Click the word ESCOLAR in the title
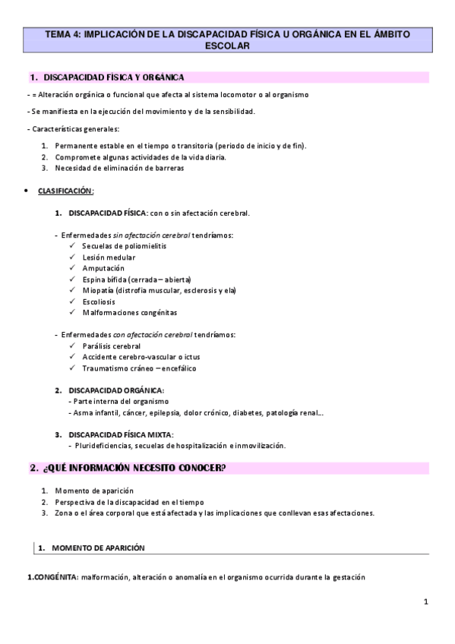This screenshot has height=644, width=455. click(227, 46)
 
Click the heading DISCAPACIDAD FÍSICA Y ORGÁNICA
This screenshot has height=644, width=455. click(114, 77)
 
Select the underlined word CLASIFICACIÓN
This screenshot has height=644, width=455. click(65, 191)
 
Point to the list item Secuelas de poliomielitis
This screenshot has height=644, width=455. click(124, 246)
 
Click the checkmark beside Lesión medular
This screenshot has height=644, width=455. click(71, 257)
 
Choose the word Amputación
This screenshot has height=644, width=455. click(103, 268)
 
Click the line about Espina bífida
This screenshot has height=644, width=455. click(137, 279)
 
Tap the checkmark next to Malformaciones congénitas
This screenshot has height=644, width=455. click(71, 312)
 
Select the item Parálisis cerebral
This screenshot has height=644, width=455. click(112, 346)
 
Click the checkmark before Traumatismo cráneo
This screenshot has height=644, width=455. click(71, 368)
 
